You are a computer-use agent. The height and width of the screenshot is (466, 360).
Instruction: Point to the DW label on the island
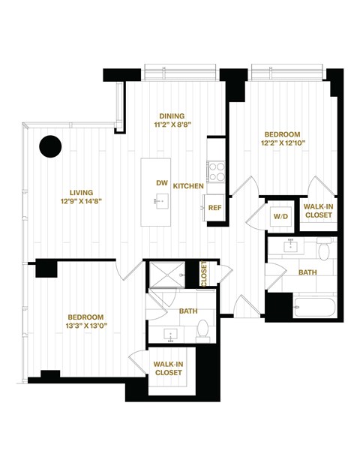pyautogui.click(x=161, y=183)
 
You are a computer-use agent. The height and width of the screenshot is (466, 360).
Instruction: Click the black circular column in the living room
pyautogui.click(x=50, y=146)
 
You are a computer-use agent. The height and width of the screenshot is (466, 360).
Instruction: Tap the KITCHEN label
pyautogui.click(x=189, y=185)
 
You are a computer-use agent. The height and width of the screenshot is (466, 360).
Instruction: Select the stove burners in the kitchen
pyautogui.click(x=216, y=172)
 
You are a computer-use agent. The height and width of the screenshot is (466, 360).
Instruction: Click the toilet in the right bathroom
pyautogui.click(x=323, y=249)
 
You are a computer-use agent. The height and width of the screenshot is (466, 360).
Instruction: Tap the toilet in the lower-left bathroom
pyautogui.click(x=202, y=329)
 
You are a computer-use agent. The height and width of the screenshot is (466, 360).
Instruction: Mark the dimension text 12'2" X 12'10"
pyautogui.click(x=283, y=141)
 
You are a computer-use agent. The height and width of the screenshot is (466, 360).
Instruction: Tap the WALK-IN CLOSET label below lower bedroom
pyautogui.click(x=169, y=368)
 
